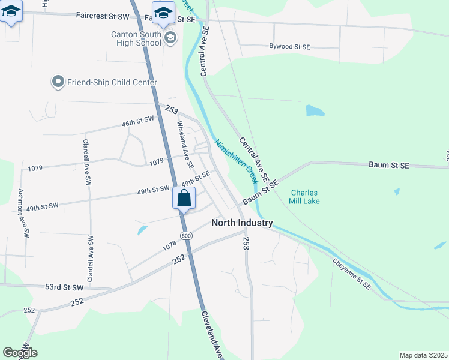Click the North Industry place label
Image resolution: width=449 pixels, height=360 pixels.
(x=242, y=223)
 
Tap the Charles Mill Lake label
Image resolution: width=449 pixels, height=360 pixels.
(x=304, y=197)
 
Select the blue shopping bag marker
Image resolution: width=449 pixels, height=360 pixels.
(x=184, y=197)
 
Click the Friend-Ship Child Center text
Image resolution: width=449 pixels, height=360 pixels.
(x=112, y=82)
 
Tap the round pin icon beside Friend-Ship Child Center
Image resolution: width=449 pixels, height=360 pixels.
(x=58, y=82)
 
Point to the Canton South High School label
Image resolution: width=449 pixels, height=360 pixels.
(x=136, y=38)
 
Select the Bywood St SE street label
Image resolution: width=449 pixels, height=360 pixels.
(x=289, y=46)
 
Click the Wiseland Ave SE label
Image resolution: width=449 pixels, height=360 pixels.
(x=185, y=145)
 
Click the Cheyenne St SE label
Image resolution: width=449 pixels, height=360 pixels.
(x=352, y=274)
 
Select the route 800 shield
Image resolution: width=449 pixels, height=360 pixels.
(x=186, y=236)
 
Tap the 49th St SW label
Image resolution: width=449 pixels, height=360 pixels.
(x=154, y=190)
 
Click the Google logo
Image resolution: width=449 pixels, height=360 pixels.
(x=20, y=353)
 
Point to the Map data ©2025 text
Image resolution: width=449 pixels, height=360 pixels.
(x=423, y=355)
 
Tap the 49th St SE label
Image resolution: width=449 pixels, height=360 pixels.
(x=196, y=178)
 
